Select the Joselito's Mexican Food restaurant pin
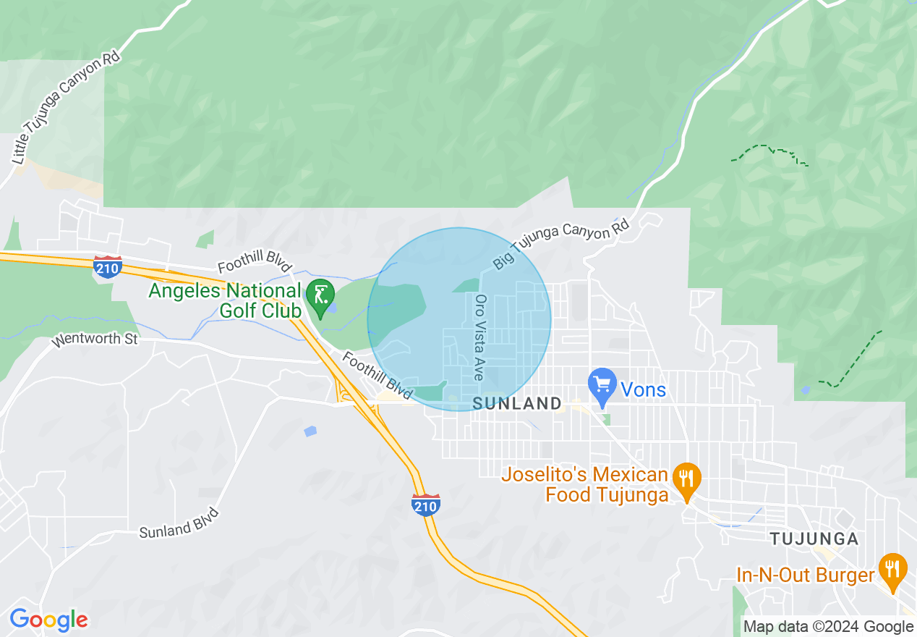click(686, 480)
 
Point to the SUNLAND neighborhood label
click(517, 404)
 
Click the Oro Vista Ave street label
click(479, 337)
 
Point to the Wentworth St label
click(94, 337)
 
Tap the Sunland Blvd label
click(179, 523)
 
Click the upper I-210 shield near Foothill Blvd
click(107, 266)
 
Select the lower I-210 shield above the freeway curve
click(425, 505)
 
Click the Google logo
click(48, 620)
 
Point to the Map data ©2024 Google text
click(828, 627)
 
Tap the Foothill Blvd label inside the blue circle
click(376, 375)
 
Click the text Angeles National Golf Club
click(225, 300)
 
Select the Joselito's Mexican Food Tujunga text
click(584, 485)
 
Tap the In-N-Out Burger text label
click(805, 575)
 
